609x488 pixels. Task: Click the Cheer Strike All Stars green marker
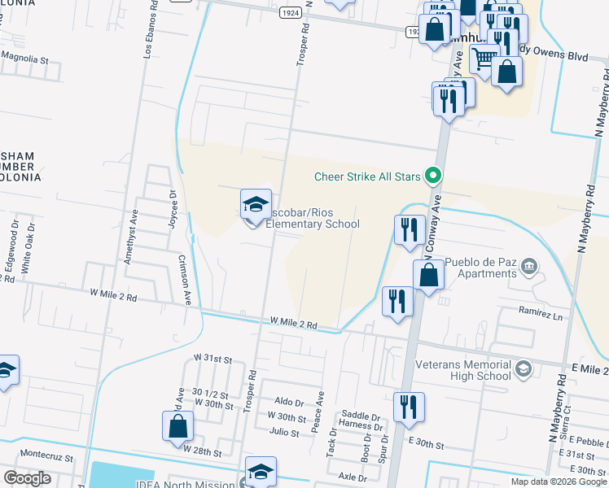pyautogui.click(x=435, y=175)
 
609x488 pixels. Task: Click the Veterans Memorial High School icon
pyautogui.click(x=523, y=370)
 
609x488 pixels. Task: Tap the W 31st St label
pyautogui.click(x=212, y=359)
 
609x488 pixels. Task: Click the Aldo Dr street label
pyautogui.click(x=288, y=401)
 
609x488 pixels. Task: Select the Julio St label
pyautogui.click(x=284, y=433)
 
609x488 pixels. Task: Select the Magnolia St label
pyautogui.click(x=24, y=59)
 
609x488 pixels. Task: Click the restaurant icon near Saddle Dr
pyautogui.click(x=409, y=407)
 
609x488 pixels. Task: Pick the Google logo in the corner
pyautogui.click(x=27, y=478)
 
